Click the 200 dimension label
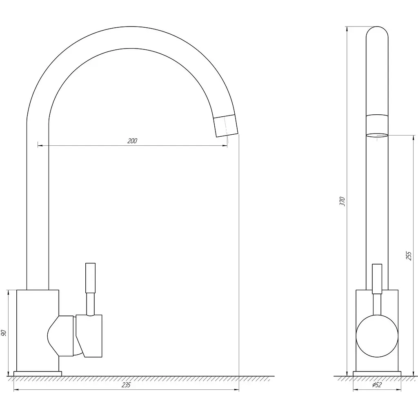(x=132, y=141)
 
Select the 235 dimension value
(x=126, y=385)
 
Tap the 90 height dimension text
(x=4, y=333)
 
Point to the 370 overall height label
(x=342, y=201)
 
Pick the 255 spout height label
(x=409, y=256)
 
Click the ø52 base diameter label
(x=377, y=385)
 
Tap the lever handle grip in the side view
(x=90, y=278)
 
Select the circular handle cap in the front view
(x=377, y=336)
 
